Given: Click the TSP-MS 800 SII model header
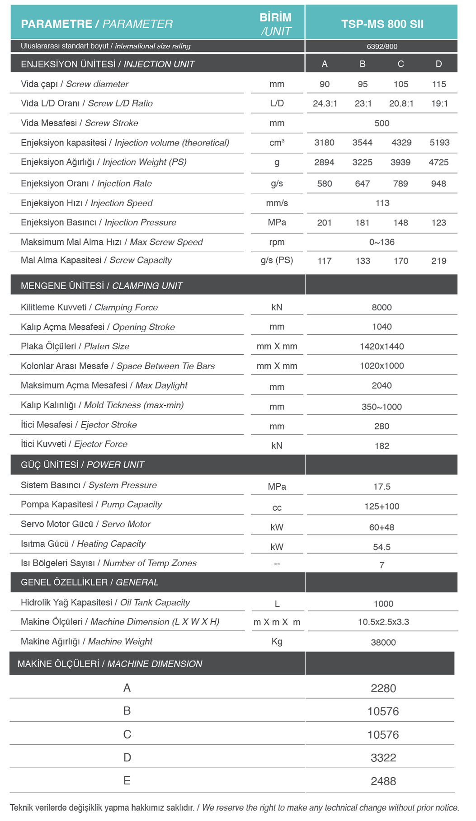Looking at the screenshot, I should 382,24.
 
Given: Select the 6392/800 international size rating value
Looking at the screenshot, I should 382,47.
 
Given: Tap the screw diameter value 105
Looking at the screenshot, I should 401,84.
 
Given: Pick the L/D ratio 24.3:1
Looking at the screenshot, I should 325,104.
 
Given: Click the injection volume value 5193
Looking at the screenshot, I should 439,143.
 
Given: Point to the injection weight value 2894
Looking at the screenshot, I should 324,163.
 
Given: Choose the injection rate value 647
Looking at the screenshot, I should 363,184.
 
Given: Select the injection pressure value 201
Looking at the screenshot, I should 324,223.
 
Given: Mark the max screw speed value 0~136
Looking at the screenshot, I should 382,242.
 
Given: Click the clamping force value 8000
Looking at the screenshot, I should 382,308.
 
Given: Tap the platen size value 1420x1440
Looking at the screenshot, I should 382,347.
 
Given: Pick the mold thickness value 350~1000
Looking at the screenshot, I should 382,407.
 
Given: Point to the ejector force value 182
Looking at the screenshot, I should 382,446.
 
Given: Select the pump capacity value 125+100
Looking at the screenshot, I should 382,507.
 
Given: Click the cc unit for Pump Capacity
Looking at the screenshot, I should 277,508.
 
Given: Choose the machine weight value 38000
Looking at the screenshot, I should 383,643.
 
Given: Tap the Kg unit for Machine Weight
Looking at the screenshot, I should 277,642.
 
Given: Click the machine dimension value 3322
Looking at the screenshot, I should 383,758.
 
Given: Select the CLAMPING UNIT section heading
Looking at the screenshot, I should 102,286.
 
